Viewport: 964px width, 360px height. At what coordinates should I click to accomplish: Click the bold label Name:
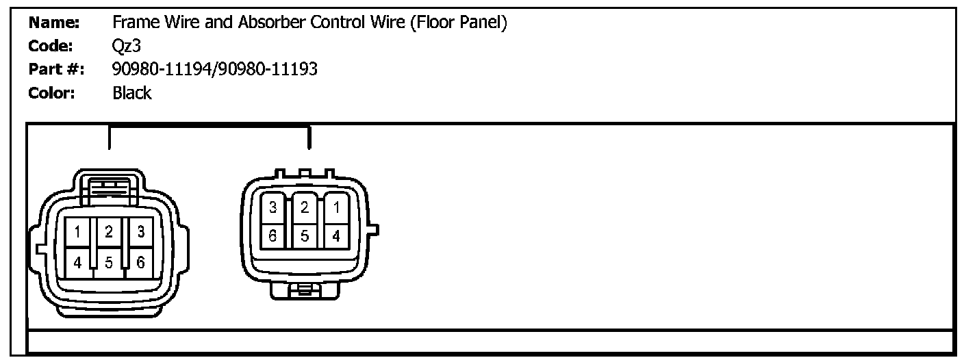click(x=55, y=23)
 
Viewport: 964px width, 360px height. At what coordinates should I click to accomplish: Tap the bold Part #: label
click(x=56, y=69)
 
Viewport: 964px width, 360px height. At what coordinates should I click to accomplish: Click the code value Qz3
click(x=127, y=46)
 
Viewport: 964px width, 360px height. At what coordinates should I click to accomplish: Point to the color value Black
click(x=131, y=93)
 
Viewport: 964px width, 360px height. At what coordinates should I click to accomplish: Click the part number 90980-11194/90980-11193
click(x=214, y=69)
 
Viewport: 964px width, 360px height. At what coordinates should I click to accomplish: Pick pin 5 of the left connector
click(x=109, y=262)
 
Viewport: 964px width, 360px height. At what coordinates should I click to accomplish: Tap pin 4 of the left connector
click(x=78, y=262)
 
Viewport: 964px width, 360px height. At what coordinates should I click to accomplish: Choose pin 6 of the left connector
click(x=140, y=262)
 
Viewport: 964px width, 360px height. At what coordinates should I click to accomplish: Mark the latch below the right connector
click(x=305, y=292)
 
